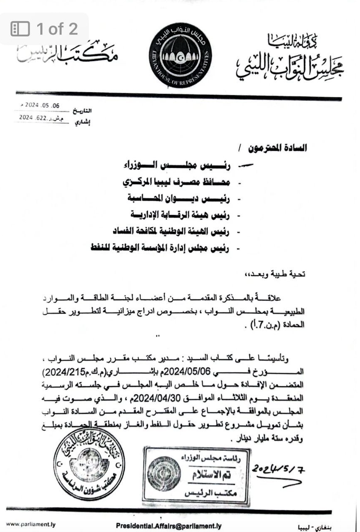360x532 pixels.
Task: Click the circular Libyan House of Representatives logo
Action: click(180, 55)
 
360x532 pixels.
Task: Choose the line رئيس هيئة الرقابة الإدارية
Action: click(180, 215)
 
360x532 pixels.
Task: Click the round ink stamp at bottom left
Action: click(89, 464)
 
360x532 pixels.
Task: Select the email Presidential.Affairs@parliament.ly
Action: click(169, 525)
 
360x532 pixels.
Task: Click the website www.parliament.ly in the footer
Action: click(30, 524)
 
